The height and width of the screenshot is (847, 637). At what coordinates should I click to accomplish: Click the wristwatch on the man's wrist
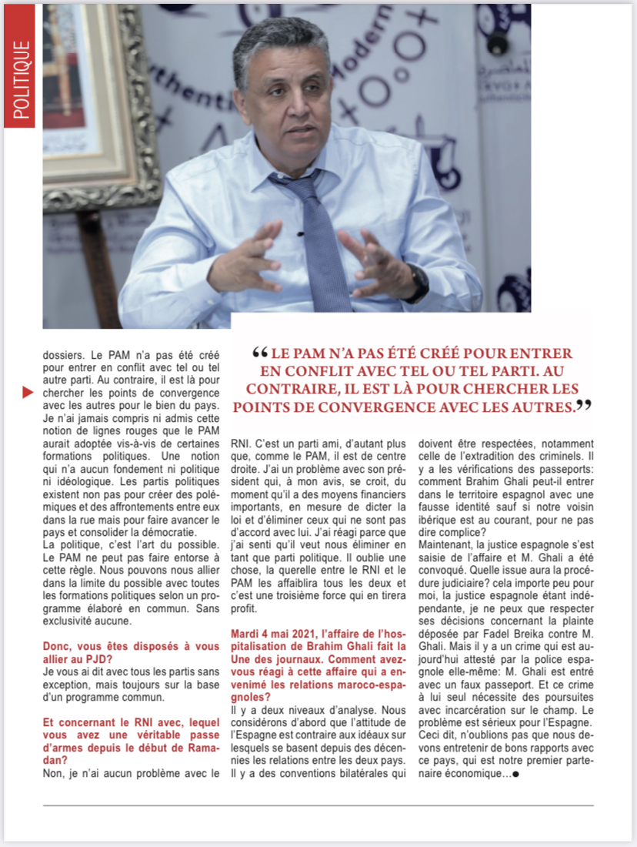417,283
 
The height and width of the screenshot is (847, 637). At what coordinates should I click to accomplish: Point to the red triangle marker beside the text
28,393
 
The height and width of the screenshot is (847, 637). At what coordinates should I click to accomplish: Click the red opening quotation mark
259,353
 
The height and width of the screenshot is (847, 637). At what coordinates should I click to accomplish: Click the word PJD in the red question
84,656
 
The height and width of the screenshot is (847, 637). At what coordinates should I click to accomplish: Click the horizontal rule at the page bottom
318,805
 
